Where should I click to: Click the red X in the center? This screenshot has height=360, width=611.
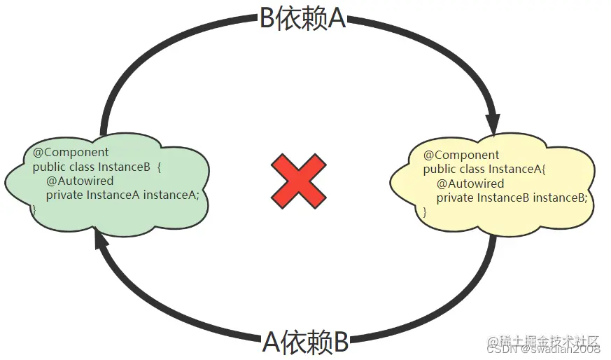click(298, 180)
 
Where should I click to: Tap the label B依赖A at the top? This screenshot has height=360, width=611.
click(302, 20)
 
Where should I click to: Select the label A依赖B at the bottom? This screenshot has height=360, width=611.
click(305, 342)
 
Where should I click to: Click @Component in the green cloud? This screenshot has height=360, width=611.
click(71, 152)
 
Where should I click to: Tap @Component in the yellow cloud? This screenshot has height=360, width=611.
click(461, 155)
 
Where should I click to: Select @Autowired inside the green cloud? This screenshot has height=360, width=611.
click(80, 181)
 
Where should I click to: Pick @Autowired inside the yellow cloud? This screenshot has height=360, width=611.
click(470, 184)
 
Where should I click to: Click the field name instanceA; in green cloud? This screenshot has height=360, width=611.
click(171, 195)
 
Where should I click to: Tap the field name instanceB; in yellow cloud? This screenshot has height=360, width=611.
click(559, 198)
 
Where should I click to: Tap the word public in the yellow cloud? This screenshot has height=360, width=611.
click(439, 169)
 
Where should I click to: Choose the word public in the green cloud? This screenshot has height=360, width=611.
click(48, 167)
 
